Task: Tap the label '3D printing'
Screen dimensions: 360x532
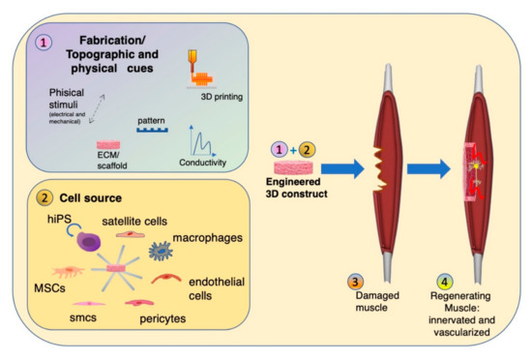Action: tap(218, 98)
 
